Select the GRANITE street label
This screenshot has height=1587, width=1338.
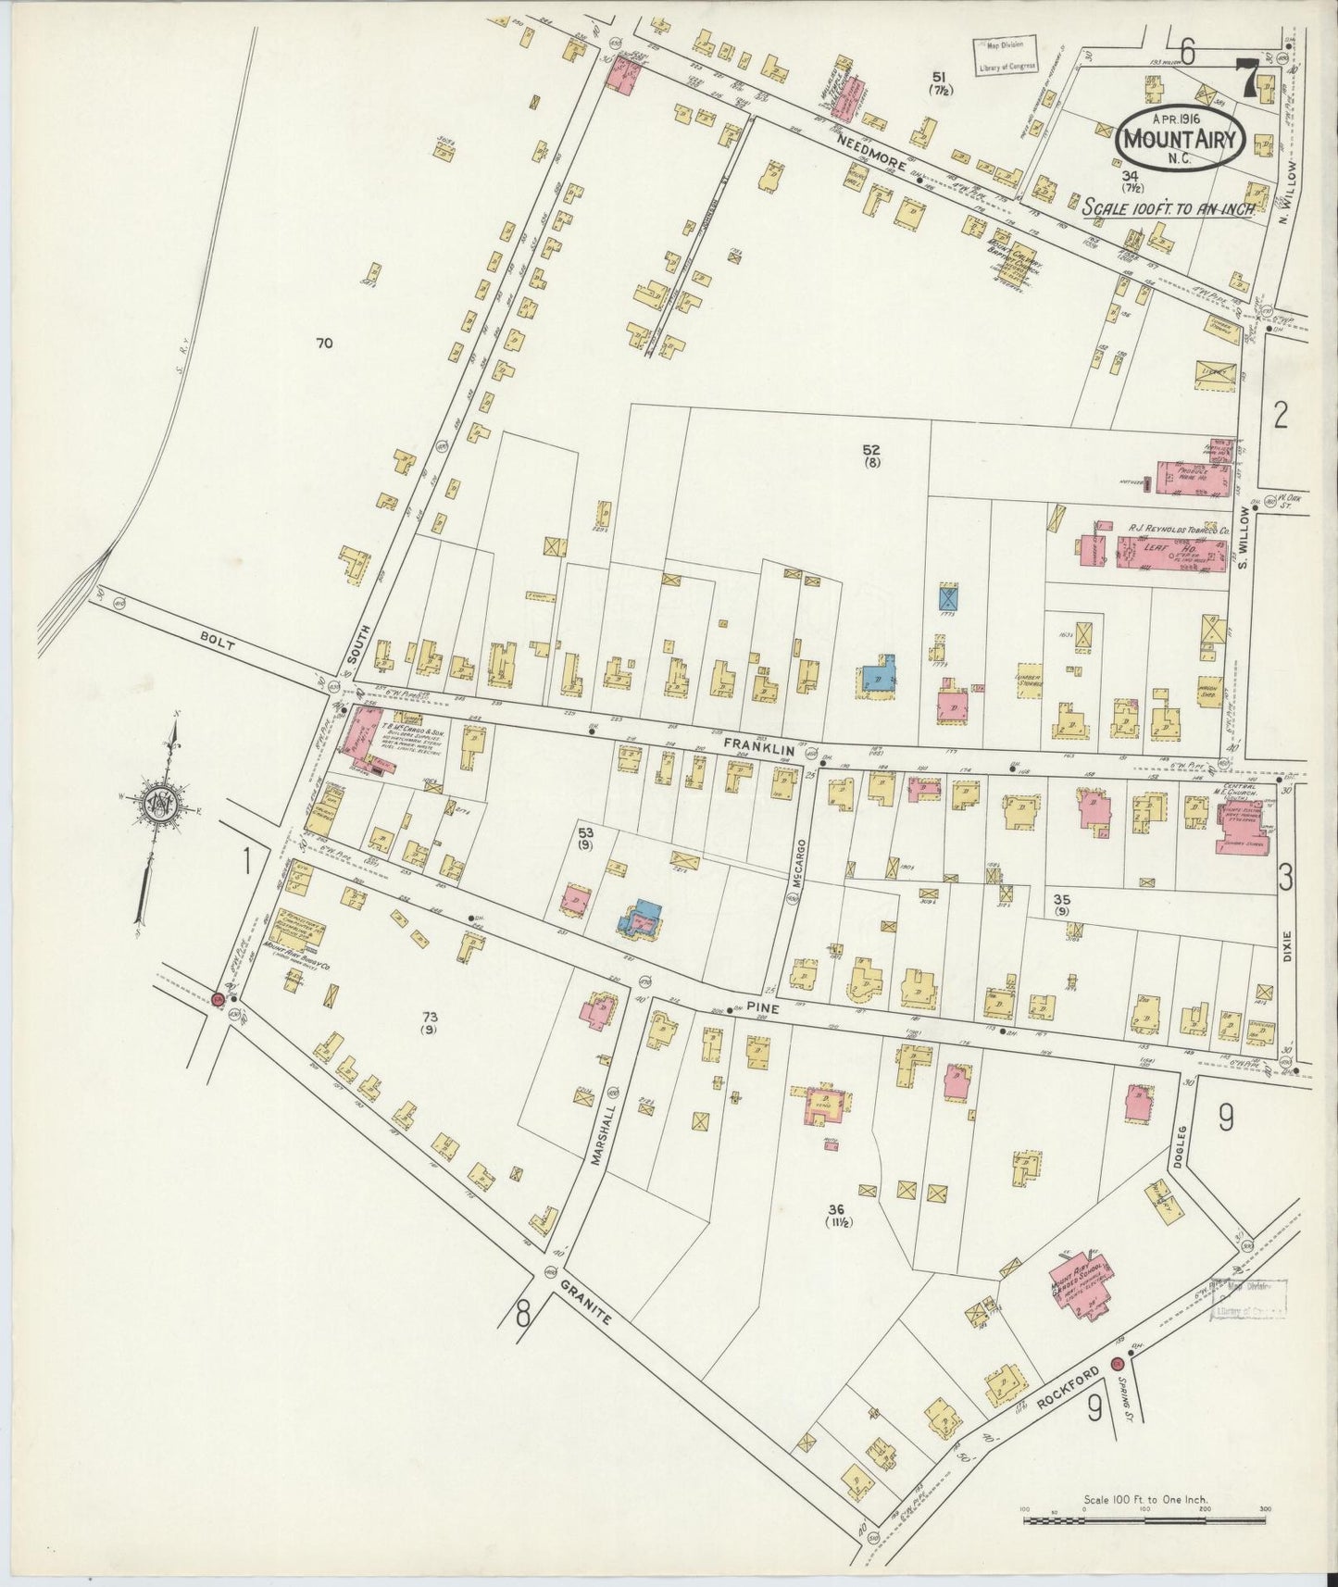(586, 1302)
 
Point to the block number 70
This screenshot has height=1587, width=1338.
(323, 344)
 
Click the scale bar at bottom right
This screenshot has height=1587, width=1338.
(1144, 1518)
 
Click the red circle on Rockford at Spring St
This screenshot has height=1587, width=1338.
(1118, 1363)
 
